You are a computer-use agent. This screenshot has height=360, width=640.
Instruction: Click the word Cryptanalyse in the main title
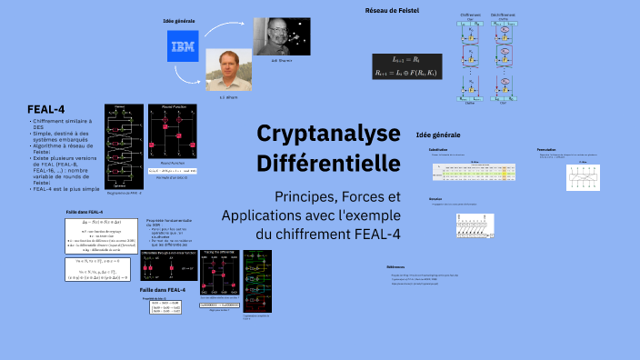[328, 134]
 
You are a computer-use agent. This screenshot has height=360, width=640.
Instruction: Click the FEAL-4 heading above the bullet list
[45, 110]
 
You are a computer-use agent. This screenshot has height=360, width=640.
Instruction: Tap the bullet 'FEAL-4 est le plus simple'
[65, 188]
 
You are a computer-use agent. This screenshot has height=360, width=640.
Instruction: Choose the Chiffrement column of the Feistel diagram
[470, 59]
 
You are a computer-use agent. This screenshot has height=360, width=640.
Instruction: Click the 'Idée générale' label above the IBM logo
[180, 20]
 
